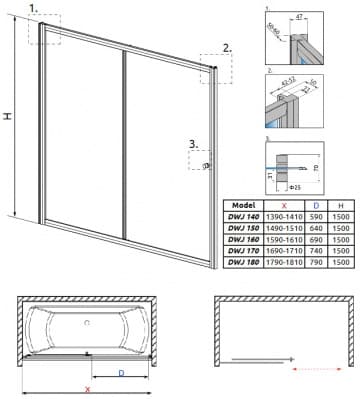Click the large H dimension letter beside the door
[9, 117]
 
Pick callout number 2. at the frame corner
[227, 47]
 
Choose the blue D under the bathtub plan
[121, 373]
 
